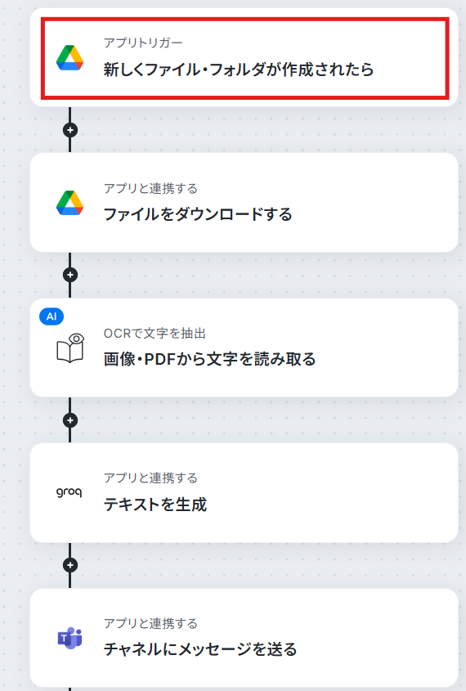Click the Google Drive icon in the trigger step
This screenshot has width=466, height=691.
[x=70, y=58]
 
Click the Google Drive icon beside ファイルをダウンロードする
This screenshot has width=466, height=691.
[x=70, y=203]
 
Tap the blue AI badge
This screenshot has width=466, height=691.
[x=52, y=316]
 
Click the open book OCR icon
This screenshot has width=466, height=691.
[x=70, y=348]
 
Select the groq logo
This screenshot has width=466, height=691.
[x=69, y=492]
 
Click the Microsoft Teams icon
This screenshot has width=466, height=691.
[x=70, y=638]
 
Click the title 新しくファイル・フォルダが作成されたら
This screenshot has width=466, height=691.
[x=239, y=70]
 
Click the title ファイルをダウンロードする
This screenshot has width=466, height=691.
[x=198, y=214]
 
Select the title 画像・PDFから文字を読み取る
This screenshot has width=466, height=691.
[x=209, y=359]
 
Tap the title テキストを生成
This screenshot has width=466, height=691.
[x=155, y=505]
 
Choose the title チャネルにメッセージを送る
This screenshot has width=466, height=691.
[x=200, y=649]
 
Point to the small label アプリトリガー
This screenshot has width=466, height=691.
[x=143, y=43]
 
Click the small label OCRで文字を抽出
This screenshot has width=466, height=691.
[x=155, y=333]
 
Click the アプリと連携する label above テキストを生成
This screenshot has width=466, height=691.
[x=150, y=478]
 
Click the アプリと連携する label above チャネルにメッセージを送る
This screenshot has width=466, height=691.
[x=150, y=623]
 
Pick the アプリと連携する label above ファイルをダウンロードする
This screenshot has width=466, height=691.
[x=150, y=188]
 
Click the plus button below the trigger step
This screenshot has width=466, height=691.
[x=70, y=130]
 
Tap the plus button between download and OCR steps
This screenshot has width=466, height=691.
[x=70, y=275]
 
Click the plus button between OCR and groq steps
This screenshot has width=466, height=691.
[x=70, y=420]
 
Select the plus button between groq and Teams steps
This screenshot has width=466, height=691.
[x=70, y=565]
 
